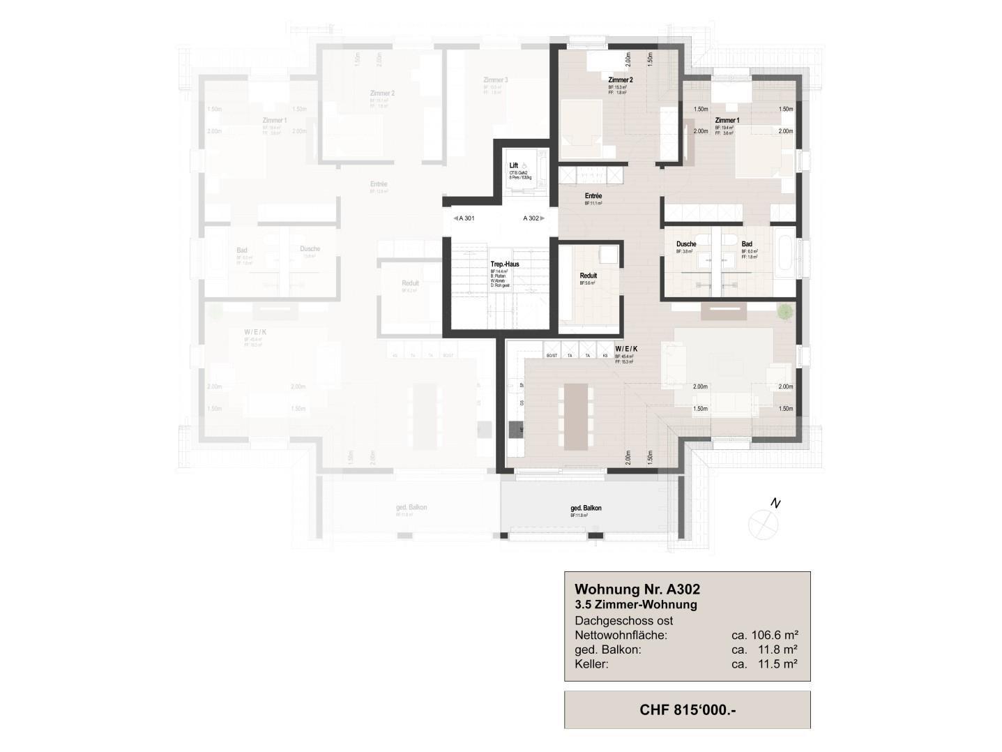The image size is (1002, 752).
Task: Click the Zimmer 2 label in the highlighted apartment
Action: [x=620, y=80]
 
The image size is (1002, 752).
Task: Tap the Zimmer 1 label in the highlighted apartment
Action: [x=727, y=121]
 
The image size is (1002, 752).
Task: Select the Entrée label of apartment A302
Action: [x=593, y=197]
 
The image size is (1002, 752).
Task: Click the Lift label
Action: [x=514, y=165]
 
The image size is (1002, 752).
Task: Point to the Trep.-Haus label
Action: [x=504, y=264]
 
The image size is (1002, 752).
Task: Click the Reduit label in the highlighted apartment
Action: [x=588, y=276]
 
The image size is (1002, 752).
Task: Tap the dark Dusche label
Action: [x=686, y=244]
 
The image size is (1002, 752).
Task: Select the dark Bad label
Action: [x=746, y=244]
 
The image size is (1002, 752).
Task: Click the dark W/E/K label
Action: [x=625, y=348]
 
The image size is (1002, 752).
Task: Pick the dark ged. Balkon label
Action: [x=586, y=508]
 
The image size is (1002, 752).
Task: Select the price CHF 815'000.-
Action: [x=687, y=710]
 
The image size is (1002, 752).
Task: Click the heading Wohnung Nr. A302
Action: [x=637, y=589]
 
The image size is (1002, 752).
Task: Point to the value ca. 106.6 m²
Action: [x=764, y=636]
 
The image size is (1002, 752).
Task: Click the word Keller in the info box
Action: [x=591, y=664]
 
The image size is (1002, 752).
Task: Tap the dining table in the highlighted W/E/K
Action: [x=575, y=416]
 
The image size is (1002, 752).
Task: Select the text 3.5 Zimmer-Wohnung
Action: [x=635, y=605]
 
